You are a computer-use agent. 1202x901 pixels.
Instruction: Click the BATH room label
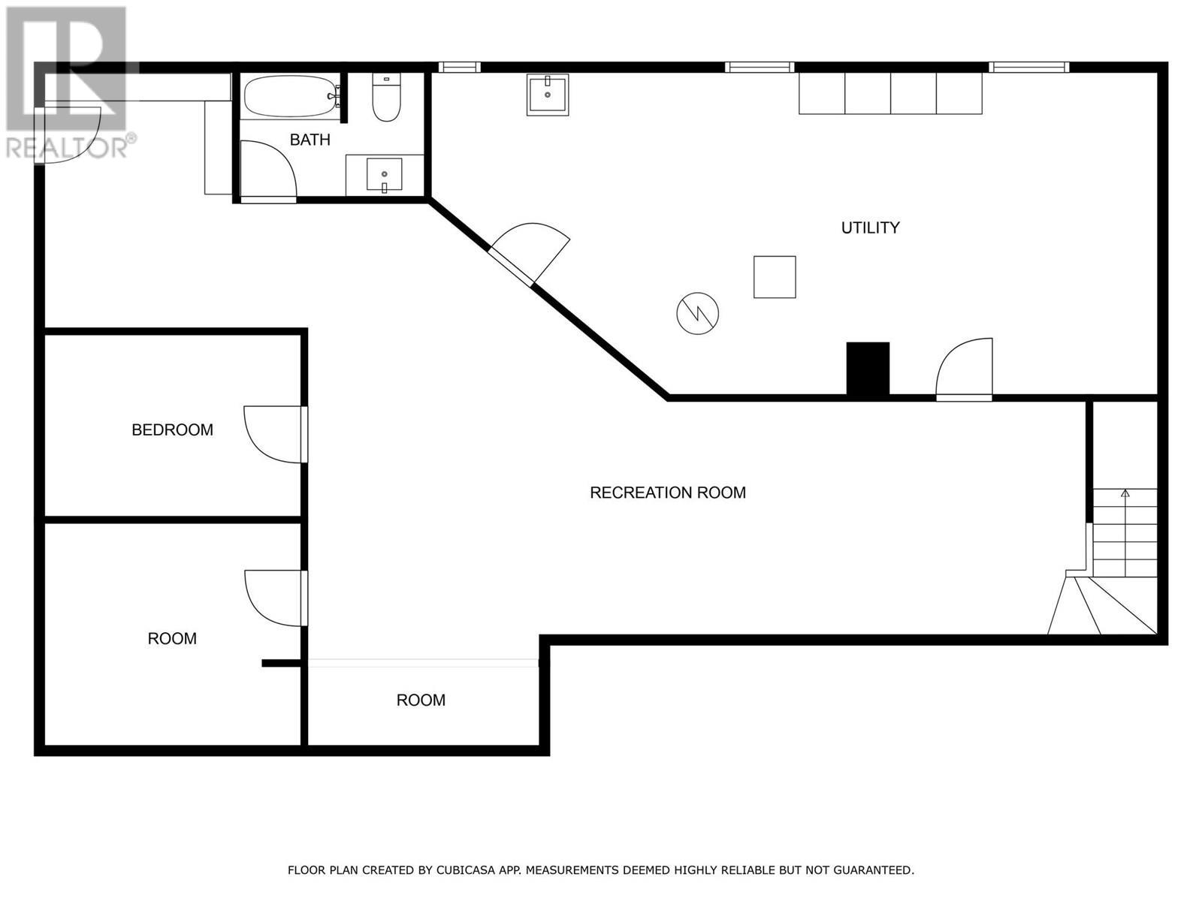click(310, 140)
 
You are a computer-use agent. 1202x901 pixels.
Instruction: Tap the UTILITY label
click(870, 228)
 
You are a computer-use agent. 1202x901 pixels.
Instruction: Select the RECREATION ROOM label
click(667, 493)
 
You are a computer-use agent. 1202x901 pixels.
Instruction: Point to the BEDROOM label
click(172, 429)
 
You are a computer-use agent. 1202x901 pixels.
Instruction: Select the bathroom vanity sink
click(384, 175)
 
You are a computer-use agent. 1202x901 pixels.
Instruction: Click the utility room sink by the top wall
click(547, 94)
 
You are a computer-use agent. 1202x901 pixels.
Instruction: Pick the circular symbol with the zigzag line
click(697, 313)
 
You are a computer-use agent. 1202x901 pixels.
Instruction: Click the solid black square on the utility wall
click(868, 368)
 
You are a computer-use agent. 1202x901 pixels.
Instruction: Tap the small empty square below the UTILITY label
click(775, 277)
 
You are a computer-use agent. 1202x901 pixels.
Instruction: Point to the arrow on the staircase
click(1125, 494)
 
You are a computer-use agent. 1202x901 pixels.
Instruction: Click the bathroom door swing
click(267, 170)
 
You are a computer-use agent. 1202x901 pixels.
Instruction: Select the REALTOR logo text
click(68, 146)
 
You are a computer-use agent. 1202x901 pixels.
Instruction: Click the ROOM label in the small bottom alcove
click(421, 700)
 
